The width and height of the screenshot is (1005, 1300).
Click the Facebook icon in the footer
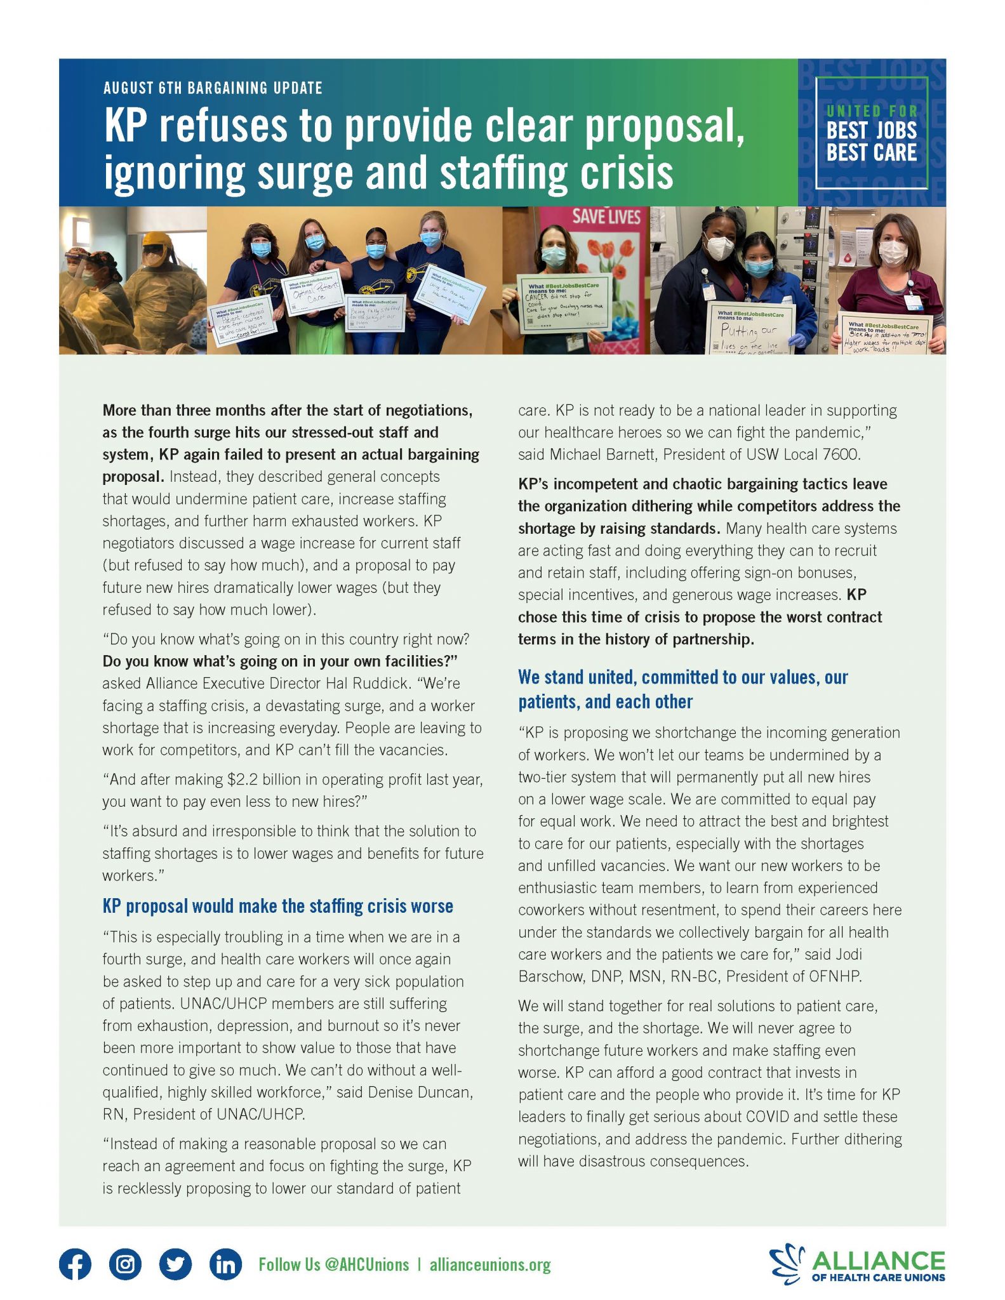click(x=75, y=1264)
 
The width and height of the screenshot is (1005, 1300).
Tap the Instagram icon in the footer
click(x=125, y=1264)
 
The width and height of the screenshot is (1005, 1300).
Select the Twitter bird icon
click(x=175, y=1264)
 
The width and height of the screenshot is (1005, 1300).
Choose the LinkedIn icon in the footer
click(x=225, y=1264)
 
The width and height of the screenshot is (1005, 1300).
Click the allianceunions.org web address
click(x=489, y=1264)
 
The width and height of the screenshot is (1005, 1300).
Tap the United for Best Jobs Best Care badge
click(x=871, y=133)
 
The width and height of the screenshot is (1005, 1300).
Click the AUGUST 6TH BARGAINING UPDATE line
click(x=213, y=88)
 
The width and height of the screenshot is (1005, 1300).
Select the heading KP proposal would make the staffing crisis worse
click(x=277, y=906)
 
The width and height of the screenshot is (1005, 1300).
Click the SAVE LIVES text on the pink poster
click(x=606, y=216)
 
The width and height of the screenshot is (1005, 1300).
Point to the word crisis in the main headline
click(x=627, y=173)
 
